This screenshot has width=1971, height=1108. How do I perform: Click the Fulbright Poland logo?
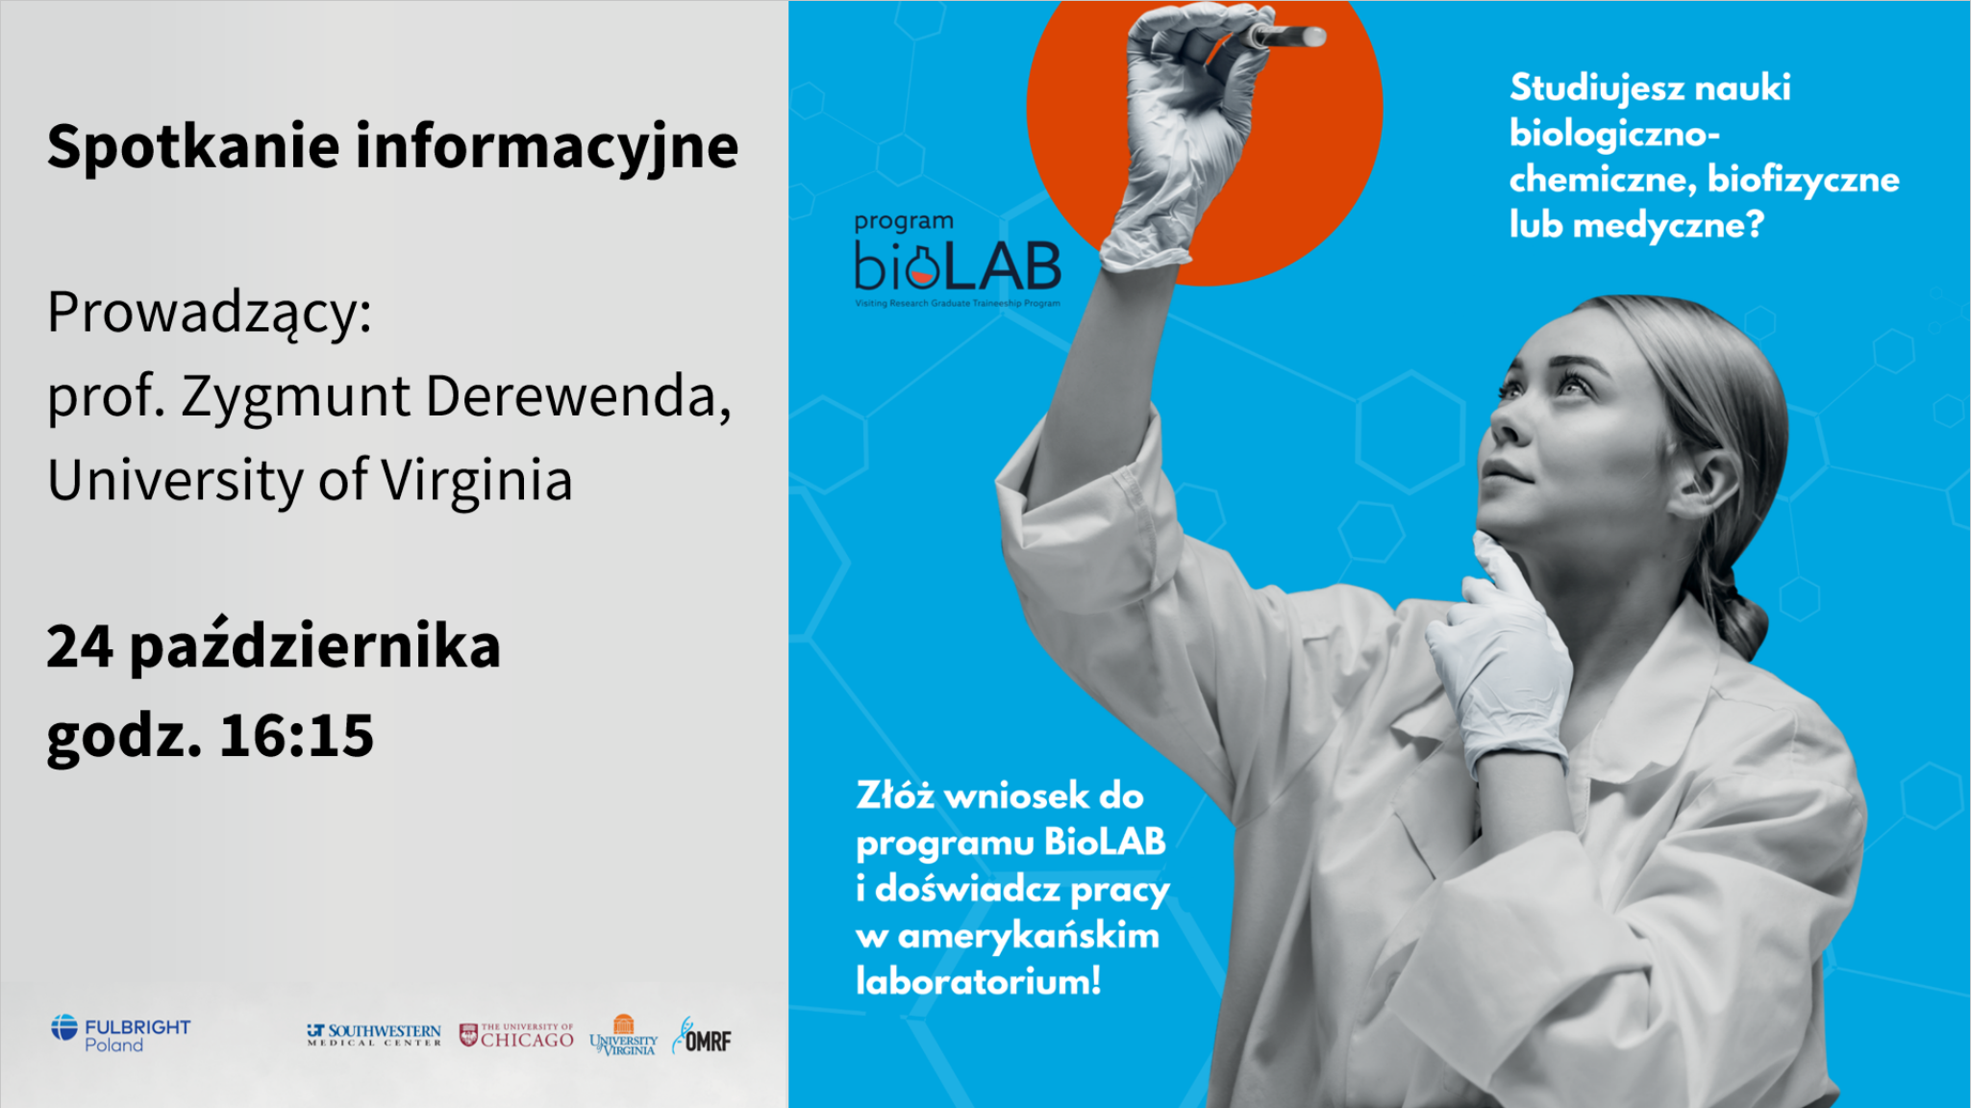pyautogui.click(x=121, y=1034)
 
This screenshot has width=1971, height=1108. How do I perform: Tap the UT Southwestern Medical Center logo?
pyautogui.click(x=374, y=1035)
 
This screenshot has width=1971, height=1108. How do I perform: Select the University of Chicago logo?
pyautogui.click(x=516, y=1035)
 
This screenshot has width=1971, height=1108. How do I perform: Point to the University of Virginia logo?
pyautogui.click(x=623, y=1035)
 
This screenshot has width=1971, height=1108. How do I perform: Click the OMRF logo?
pyautogui.click(x=702, y=1036)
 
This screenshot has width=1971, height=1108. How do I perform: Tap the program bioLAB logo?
pyautogui.click(x=958, y=260)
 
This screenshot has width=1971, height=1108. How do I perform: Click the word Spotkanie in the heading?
pyautogui.click(x=193, y=146)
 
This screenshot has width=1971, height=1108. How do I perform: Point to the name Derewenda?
pyautogui.click(x=579, y=395)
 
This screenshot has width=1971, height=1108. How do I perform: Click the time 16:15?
pyautogui.click(x=296, y=736)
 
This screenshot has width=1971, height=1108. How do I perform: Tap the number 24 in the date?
pyautogui.click(x=80, y=646)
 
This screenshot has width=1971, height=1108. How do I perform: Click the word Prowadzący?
pyautogui.click(x=210, y=314)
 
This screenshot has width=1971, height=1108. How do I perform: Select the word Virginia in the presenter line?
pyautogui.click(x=477, y=480)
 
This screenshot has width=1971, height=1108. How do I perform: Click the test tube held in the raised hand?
pyautogui.click(x=1285, y=37)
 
